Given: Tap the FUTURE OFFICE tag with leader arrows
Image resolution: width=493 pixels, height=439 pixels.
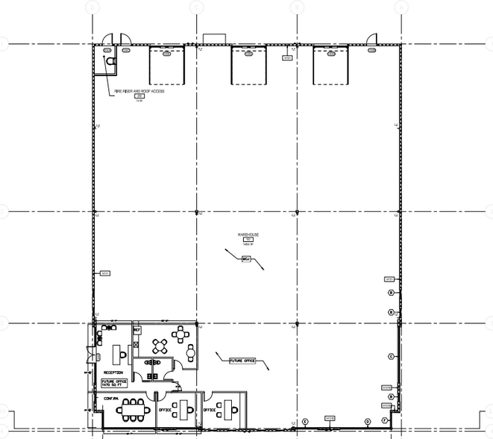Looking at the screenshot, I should coord(240,361).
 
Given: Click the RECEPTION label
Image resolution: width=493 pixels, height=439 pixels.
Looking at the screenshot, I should coord(113,372).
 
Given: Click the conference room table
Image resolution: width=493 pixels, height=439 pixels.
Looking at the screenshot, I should coord(134,408).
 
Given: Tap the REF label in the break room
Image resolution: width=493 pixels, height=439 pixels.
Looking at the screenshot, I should coord(137,329).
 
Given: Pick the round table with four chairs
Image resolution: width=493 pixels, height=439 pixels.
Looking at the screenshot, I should coord(161,345).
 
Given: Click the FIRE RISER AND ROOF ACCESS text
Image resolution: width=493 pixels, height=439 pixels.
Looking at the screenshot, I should coord(139,90).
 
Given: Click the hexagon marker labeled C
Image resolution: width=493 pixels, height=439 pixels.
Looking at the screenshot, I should coord(390,356).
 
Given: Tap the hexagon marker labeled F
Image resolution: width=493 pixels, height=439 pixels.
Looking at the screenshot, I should coord(385,421).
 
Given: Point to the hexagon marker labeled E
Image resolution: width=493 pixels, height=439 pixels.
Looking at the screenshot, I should coord(306,422).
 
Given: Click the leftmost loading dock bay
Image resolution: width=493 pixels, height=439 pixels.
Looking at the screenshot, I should coord(167,66).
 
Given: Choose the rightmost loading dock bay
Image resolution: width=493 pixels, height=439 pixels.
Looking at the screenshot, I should coord(330,66).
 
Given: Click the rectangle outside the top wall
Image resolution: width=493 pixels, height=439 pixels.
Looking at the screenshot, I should coord(215,38).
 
